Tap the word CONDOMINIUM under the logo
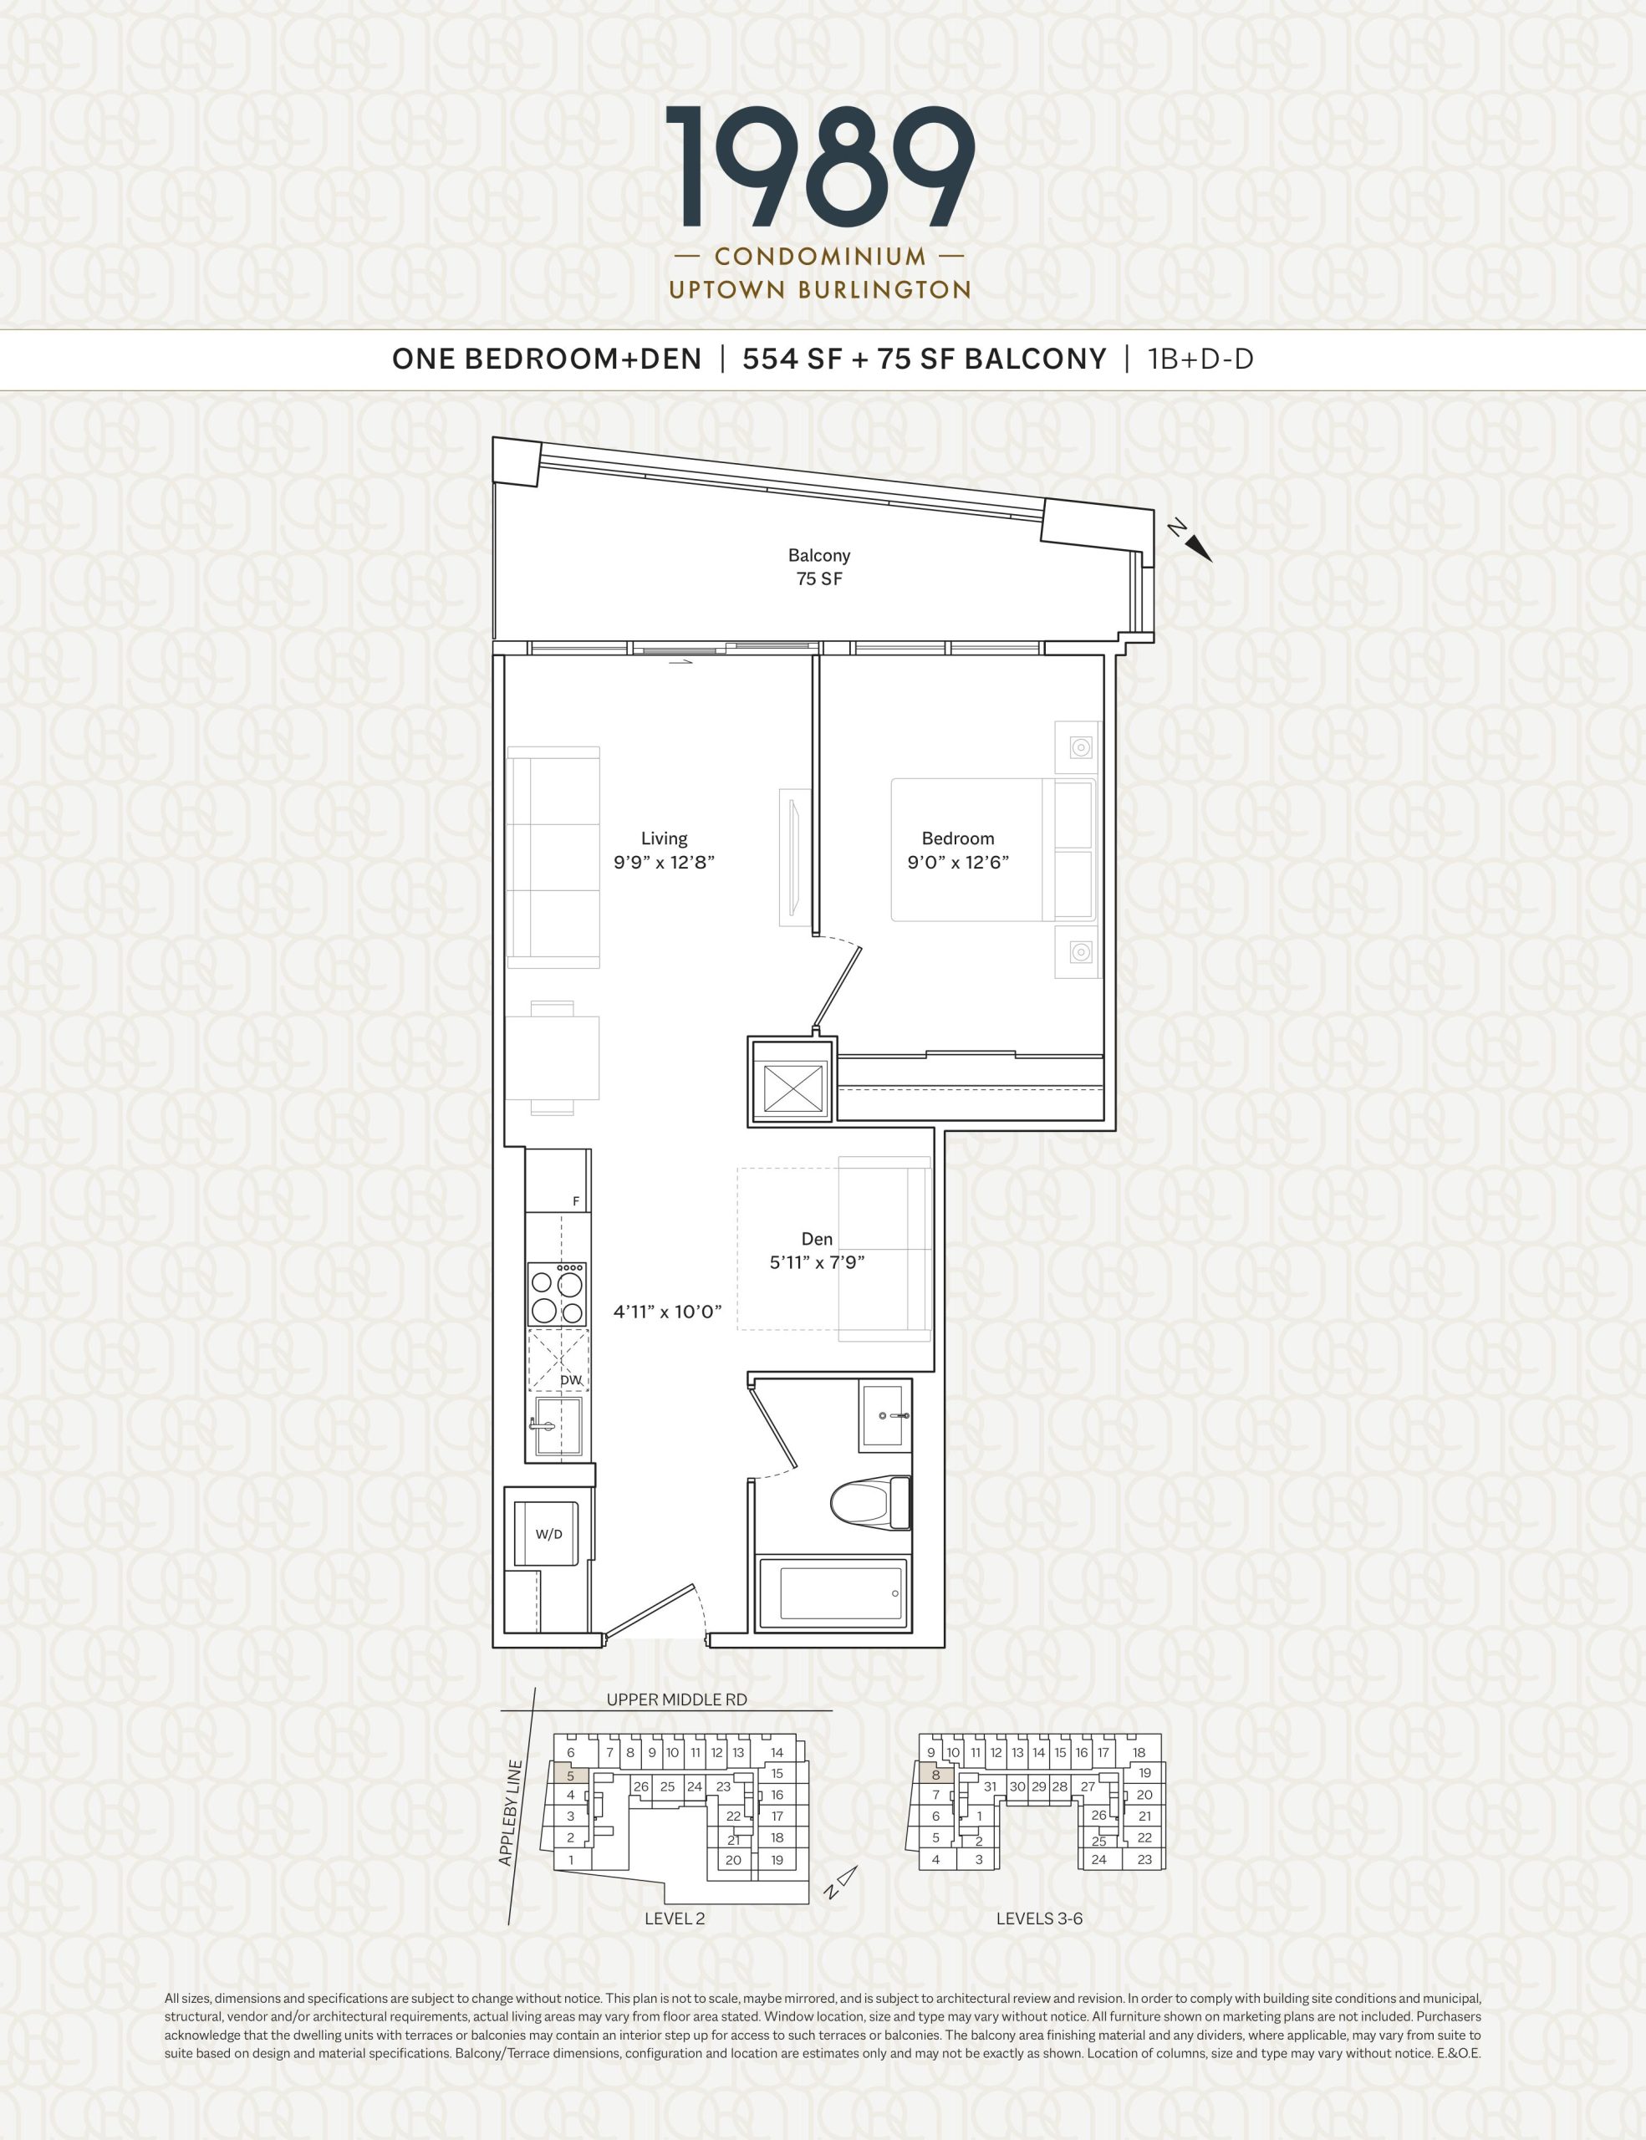820,257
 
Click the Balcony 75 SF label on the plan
819,568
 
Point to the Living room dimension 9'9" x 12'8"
665,864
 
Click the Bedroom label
957,838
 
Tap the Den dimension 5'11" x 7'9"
816,1263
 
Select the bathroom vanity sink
886,1415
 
